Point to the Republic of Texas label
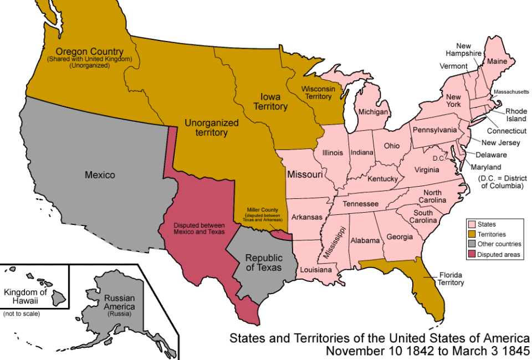click(263, 263)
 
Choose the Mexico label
click(100, 175)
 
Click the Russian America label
click(119, 302)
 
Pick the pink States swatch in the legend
click(472, 224)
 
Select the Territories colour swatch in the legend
click(472, 234)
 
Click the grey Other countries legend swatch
click(472, 244)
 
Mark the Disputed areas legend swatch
click(472, 254)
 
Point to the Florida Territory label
click(451, 279)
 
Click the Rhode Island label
click(516, 115)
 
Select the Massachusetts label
click(511, 91)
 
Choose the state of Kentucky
click(382, 179)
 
